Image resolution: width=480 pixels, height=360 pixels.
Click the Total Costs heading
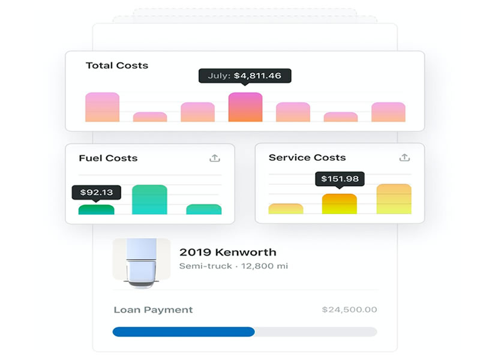click(117, 65)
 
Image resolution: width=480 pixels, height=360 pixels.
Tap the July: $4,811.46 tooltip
click(245, 76)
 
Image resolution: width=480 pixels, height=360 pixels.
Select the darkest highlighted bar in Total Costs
click(245, 107)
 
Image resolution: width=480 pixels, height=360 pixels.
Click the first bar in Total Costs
click(102, 107)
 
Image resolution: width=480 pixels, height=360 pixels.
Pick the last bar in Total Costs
click(388, 112)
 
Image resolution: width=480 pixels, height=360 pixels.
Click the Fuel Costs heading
click(108, 158)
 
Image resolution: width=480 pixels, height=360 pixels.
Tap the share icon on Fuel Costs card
click(215, 158)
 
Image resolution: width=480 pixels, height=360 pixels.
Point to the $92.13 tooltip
click(96, 193)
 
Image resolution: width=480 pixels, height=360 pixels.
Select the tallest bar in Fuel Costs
click(149, 200)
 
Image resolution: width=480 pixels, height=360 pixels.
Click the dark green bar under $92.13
click(96, 209)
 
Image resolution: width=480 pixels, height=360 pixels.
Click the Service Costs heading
click(307, 158)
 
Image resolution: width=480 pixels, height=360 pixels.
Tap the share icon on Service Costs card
click(404, 158)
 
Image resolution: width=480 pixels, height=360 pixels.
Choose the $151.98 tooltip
click(340, 179)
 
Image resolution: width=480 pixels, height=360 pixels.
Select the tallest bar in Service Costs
click(394, 199)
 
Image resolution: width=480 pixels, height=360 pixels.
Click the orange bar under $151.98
click(340, 204)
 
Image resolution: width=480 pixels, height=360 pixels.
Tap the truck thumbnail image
click(141, 263)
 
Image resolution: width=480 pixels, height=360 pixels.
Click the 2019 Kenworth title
click(227, 253)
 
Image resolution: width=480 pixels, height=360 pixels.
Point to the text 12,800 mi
click(265, 266)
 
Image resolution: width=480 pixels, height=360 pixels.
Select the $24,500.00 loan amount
click(349, 310)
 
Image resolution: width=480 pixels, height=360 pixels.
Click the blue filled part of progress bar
click(183, 332)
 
